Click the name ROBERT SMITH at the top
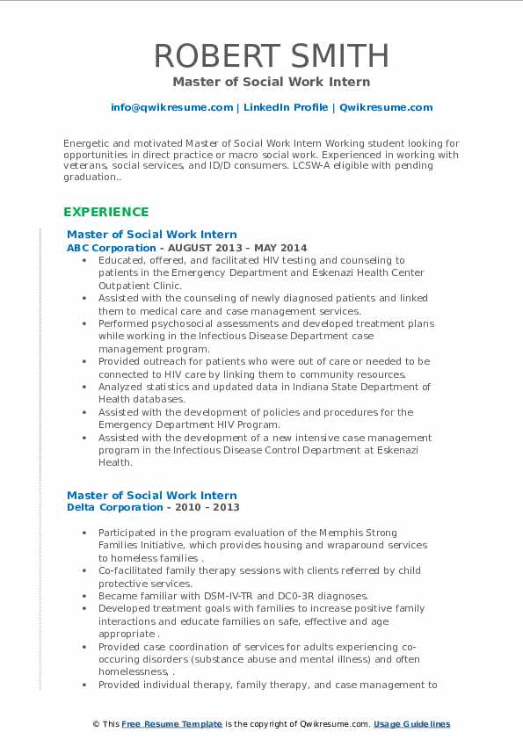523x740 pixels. point(271,55)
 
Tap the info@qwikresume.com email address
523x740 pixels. point(171,107)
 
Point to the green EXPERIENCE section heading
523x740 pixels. point(105,212)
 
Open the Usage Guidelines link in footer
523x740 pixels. point(411,724)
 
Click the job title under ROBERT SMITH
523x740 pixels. point(271,82)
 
